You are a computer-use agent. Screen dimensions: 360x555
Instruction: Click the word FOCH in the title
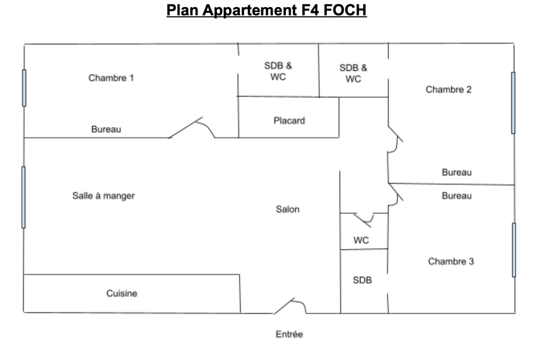click(345, 10)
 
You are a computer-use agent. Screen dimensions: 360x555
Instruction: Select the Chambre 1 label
click(111, 78)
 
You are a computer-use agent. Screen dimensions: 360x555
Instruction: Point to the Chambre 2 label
click(448, 89)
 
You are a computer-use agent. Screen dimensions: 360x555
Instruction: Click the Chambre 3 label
click(451, 261)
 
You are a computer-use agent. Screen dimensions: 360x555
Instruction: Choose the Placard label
click(289, 120)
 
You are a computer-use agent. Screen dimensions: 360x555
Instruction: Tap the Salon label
click(287, 209)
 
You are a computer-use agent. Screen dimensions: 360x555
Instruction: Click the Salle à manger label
click(104, 196)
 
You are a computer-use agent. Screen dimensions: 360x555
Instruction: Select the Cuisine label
click(121, 293)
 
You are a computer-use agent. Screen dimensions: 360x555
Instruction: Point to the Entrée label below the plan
click(289, 335)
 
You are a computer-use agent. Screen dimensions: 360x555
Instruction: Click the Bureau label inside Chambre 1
click(106, 130)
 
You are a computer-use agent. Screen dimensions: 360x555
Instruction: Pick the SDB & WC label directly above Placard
click(278, 71)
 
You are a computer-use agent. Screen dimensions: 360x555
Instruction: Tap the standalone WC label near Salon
click(361, 240)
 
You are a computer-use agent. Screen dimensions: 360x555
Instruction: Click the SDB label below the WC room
click(362, 280)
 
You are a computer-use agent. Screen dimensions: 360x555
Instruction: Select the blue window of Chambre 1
click(24, 87)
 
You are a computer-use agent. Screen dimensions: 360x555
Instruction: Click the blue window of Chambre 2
click(513, 102)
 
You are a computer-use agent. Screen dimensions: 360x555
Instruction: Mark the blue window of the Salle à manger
click(23, 197)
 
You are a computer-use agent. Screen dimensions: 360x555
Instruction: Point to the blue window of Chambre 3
click(514, 249)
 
